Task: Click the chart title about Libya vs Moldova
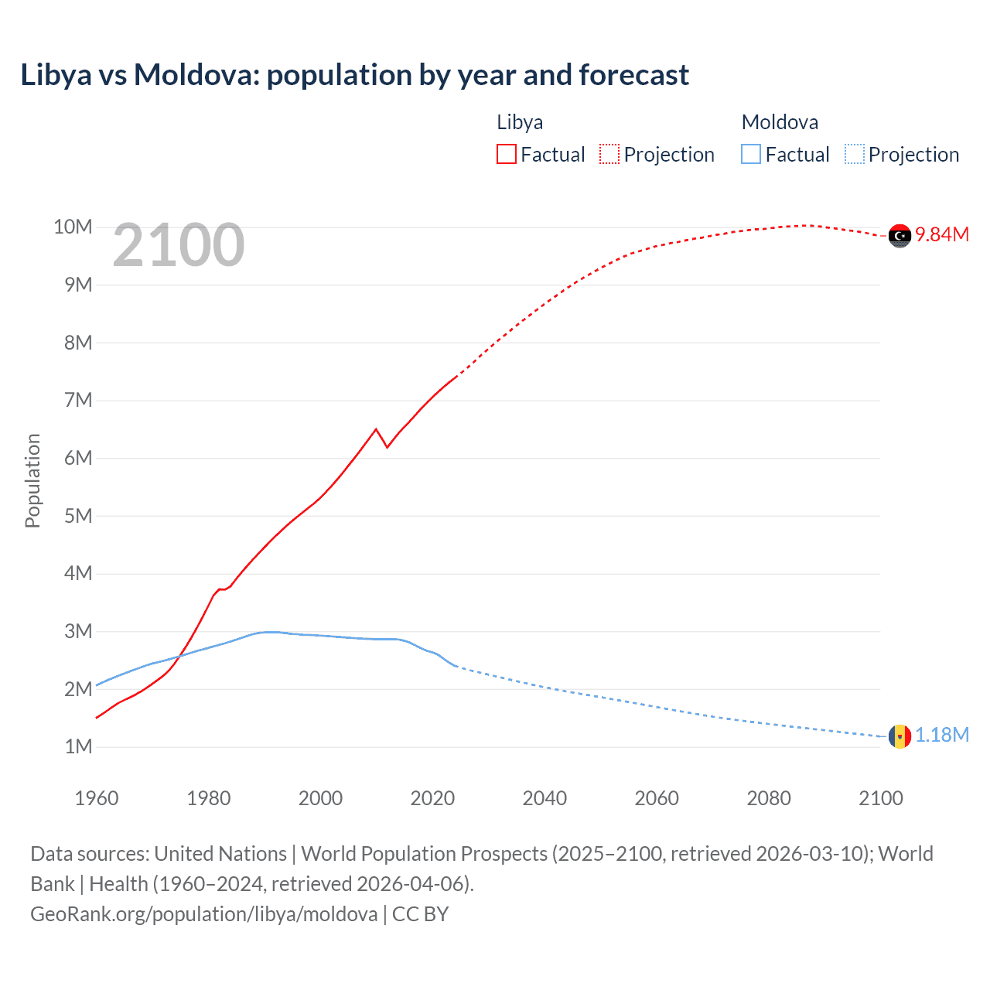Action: (354, 75)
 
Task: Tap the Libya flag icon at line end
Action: (900, 235)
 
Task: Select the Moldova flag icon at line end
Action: (900, 736)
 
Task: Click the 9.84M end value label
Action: (942, 234)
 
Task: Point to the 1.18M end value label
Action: (942, 735)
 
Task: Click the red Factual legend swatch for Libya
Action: (506, 155)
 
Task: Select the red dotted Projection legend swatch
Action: (609, 155)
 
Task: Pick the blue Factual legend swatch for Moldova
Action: (751, 155)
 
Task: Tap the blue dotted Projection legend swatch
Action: (855, 155)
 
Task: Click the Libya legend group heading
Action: (520, 122)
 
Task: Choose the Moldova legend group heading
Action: (780, 122)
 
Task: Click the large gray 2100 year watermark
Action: (179, 246)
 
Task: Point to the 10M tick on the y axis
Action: (73, 227)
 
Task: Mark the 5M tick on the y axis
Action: (78, 516)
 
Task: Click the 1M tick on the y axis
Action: (78, 747)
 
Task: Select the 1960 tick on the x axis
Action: (97, 798)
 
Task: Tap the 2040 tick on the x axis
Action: (544, 798)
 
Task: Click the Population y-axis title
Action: (32, 480)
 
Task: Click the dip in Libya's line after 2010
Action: (387, 446)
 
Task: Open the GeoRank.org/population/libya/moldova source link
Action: (204, 914)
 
